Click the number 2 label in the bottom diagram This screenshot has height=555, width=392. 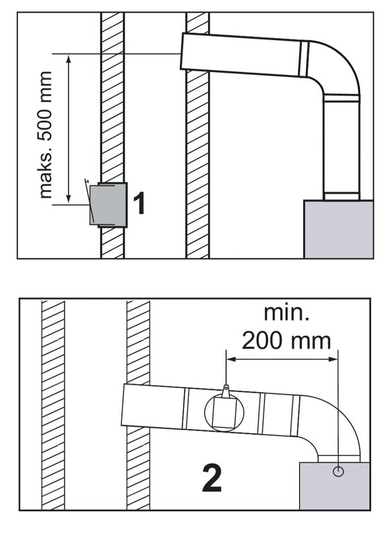coord(212,479)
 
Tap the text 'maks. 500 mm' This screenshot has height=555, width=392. coord(46,135)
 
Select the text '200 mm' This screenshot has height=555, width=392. coord(286,341)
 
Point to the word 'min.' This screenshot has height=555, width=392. coord(287,313)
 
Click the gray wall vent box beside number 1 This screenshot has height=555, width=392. coord(108,205)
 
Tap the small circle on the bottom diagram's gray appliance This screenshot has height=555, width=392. coord(339,471)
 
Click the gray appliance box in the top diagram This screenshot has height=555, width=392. coord(339,230)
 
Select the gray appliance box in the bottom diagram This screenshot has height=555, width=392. coord(334,486)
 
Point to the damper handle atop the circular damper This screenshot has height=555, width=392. coord(226,391)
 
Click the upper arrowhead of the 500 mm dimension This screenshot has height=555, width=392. coord(69,58)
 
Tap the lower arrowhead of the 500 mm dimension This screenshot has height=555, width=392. coord(69,200)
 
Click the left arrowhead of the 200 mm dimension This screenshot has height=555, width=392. coord(231,359)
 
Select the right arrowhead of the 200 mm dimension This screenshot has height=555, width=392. coord(333,359)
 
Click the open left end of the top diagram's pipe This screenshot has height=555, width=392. coord(182,51)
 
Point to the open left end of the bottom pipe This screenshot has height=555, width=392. coord(123,404)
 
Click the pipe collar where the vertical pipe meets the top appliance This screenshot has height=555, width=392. coord(341,196)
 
